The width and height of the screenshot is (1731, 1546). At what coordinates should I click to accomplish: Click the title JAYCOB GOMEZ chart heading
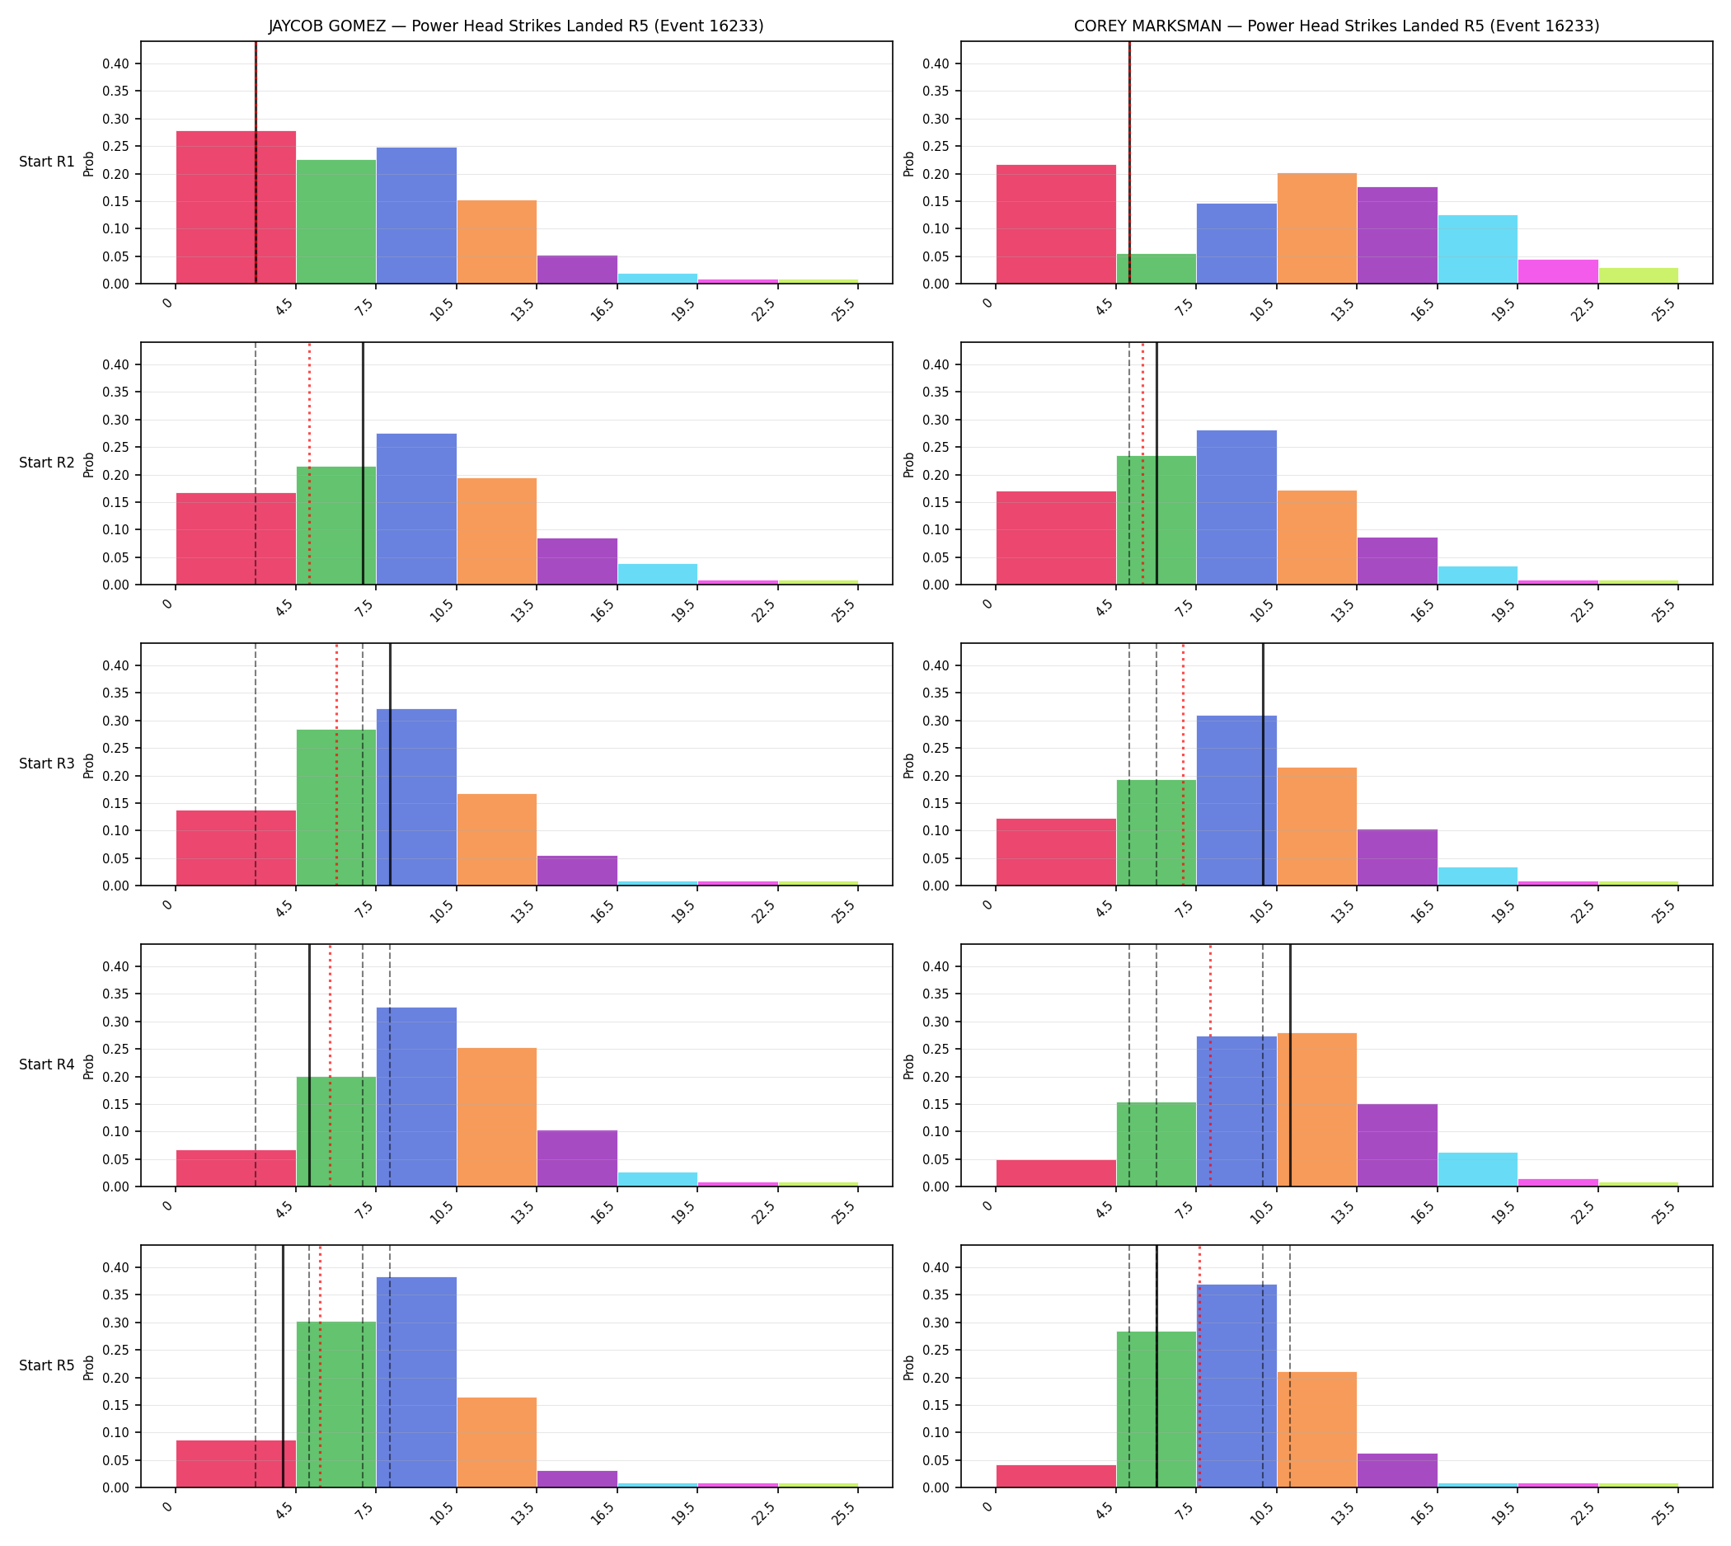(515, 26)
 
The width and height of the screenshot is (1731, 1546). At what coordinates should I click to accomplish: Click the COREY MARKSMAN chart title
(1336, 26)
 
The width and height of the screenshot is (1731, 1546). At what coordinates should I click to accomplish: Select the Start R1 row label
(47, 162)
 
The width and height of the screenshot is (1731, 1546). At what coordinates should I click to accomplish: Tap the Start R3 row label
(47, 764)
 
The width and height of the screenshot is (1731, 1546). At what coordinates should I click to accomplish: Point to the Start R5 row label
(47, 1365)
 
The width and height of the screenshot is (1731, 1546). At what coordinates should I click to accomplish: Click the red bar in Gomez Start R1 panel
(236, 207)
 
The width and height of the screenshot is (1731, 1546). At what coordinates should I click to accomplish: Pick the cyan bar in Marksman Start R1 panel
(1477, 249)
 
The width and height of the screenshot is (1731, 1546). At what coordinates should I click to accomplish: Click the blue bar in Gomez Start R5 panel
(416, 1382)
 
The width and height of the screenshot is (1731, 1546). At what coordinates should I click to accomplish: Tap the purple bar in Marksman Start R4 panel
(1397, 1145)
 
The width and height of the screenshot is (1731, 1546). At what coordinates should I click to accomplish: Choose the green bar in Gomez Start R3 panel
(336, 808)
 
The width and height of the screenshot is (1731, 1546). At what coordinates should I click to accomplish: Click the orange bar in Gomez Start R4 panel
(497, 1117)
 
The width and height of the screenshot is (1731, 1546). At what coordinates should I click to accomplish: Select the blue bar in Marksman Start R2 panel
(1236, 507)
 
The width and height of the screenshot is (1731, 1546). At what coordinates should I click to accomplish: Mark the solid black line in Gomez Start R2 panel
(363, 463)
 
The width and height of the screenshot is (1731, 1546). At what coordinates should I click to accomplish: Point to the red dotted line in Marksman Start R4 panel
(1210, 1065)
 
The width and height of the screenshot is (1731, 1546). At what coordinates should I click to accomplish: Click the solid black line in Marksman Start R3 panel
(1263, 764)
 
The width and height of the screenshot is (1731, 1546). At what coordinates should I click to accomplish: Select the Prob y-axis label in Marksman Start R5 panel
(909, 1367)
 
